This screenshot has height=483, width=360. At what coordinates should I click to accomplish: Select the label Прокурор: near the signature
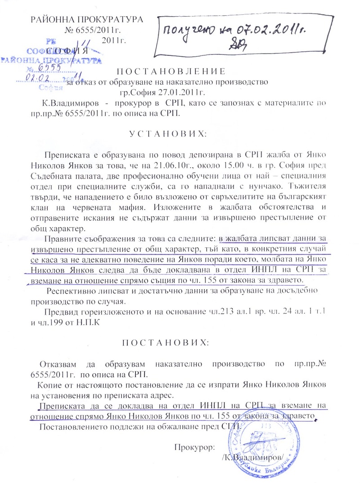click(194, 447)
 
